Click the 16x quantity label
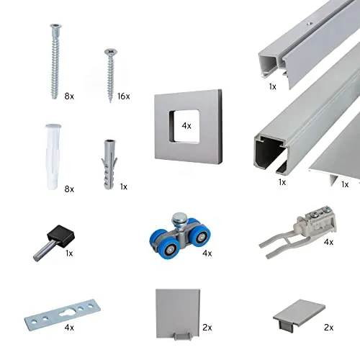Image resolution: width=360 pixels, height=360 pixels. pos(124,96)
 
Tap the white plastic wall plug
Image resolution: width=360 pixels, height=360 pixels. pos(53,157)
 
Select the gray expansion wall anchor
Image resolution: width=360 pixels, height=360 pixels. pos(109,164)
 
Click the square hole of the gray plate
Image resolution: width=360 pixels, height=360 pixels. pos(184,126)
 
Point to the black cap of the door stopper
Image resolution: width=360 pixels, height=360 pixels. pos(61,235)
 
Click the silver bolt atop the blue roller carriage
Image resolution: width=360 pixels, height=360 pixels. pos(179,218)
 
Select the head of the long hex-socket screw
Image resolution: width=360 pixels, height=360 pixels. pos(56,26)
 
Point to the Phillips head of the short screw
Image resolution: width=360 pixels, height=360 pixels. pos(111,52)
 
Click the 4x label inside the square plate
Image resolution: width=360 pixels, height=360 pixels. pos(186,125)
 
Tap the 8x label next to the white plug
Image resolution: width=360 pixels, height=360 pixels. pos(69,189)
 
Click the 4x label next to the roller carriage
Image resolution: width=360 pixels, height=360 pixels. pos(207,253)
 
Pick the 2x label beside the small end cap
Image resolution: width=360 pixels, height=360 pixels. pos(328,328)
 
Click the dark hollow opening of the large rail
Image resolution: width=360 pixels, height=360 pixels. pos(269,153)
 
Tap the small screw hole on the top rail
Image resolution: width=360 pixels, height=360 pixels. pos(310,24)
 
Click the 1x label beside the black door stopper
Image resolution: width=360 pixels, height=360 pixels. pos(69,253)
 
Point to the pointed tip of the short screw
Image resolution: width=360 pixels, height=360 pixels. pos(110,102)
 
